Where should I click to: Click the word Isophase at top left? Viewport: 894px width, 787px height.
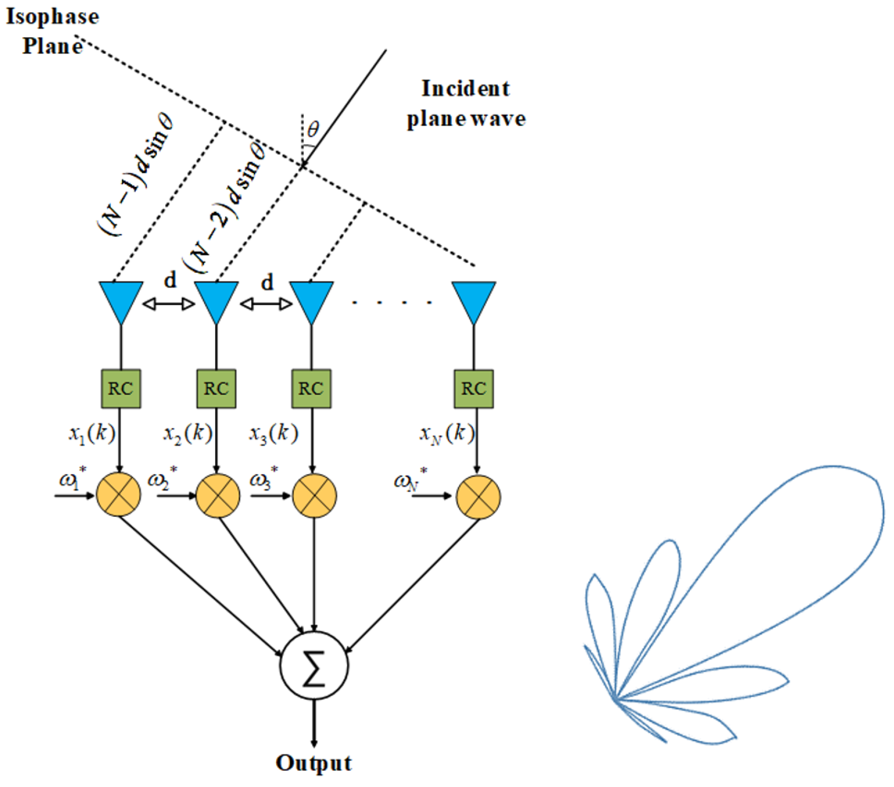pos(52,17)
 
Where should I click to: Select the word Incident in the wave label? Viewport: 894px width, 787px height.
pos(465,88)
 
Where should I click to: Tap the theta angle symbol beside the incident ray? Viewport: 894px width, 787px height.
pos(313,129)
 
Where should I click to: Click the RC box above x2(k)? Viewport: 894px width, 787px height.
pos(216,389)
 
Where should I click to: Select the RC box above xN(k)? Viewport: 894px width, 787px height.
pos(474,389)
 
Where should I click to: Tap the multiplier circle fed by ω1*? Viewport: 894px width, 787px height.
pos(118,495)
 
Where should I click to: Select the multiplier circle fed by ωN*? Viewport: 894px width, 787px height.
pos(478,496)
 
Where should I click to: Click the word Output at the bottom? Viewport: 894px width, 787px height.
pos(314,763)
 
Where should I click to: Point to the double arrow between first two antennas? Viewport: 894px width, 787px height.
pos(169,304)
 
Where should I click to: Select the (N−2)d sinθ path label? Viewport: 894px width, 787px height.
pos(225,205)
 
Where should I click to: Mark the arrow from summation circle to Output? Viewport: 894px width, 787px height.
pos(314,722)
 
